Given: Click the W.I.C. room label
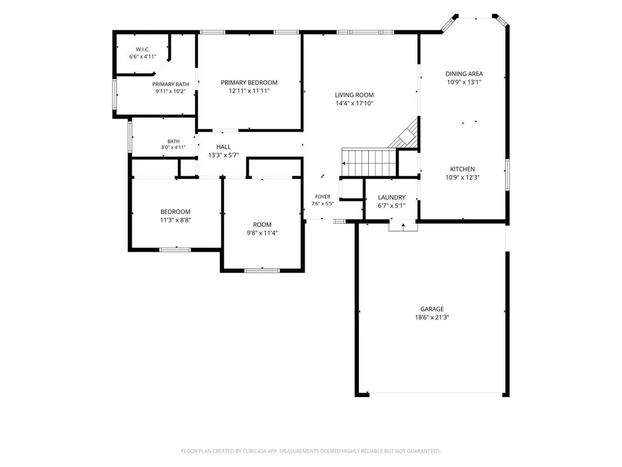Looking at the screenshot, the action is pyautogui.click(x=143, y=49).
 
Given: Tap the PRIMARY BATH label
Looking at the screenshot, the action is pyautogui.click(x=171, y=84).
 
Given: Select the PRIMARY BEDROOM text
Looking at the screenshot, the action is pyautogui.click(x=249, y=83).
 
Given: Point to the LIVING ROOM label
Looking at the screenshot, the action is pyautogui.click(x=354, y=95).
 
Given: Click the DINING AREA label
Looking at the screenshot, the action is pyautogui.click(x=464, y=74).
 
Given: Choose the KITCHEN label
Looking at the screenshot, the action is pyautogui.click(x=462, y=169).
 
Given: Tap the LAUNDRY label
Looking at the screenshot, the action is pyautogui.click(x=392, y=198).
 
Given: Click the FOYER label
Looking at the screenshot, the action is pyautogui.click(x=323, y=196).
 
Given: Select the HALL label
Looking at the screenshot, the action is pyautogui.click(x=224, y=147).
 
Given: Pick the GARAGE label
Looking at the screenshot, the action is pyautogui.click(x=432, y=309).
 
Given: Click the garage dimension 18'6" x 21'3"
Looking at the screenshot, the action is pyautogui.click(x=432, y=317).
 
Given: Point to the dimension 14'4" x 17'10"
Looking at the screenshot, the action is pyautogui.click(x=354, y=103).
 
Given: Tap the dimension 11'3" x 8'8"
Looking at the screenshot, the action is pyautogui.click(x=176, y=220).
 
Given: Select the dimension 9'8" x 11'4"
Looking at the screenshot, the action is pyautogui.click(x=262, y=233).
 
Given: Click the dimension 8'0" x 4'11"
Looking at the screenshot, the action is pyautogui.click(x=173, y=147).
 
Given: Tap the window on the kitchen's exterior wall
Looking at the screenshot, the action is pyautogui.click(x=507, y=175).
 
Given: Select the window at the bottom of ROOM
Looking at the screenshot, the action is pyautogui.click(x=262, y=271).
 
